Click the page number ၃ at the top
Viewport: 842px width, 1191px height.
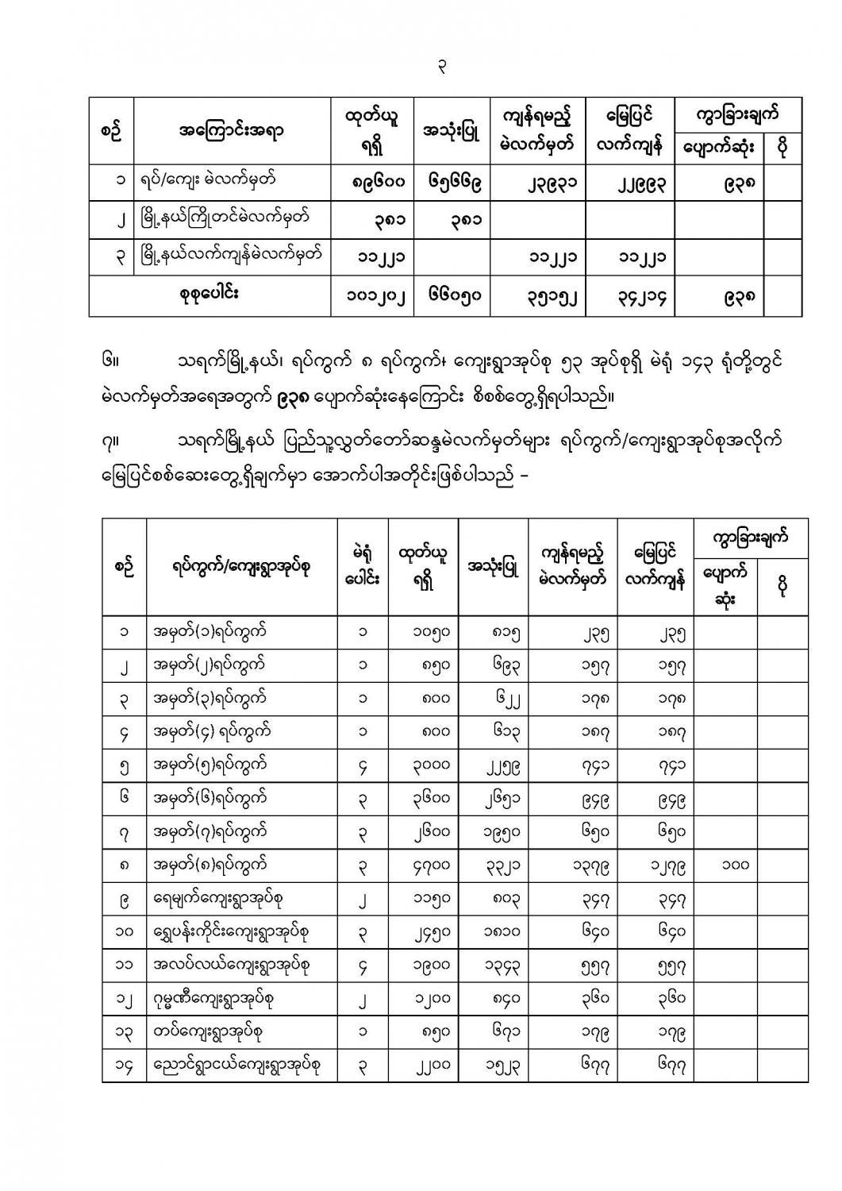tap(443, 68)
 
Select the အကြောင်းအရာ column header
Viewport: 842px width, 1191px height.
tap(232, 131)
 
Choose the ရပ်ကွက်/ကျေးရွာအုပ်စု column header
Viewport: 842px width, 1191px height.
tap(242, 567)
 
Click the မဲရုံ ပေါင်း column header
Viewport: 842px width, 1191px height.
tap(363, 567)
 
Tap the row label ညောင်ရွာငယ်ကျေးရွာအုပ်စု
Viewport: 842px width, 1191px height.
tap(236, 1065)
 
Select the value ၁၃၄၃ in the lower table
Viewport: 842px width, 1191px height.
tap(502, 965)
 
